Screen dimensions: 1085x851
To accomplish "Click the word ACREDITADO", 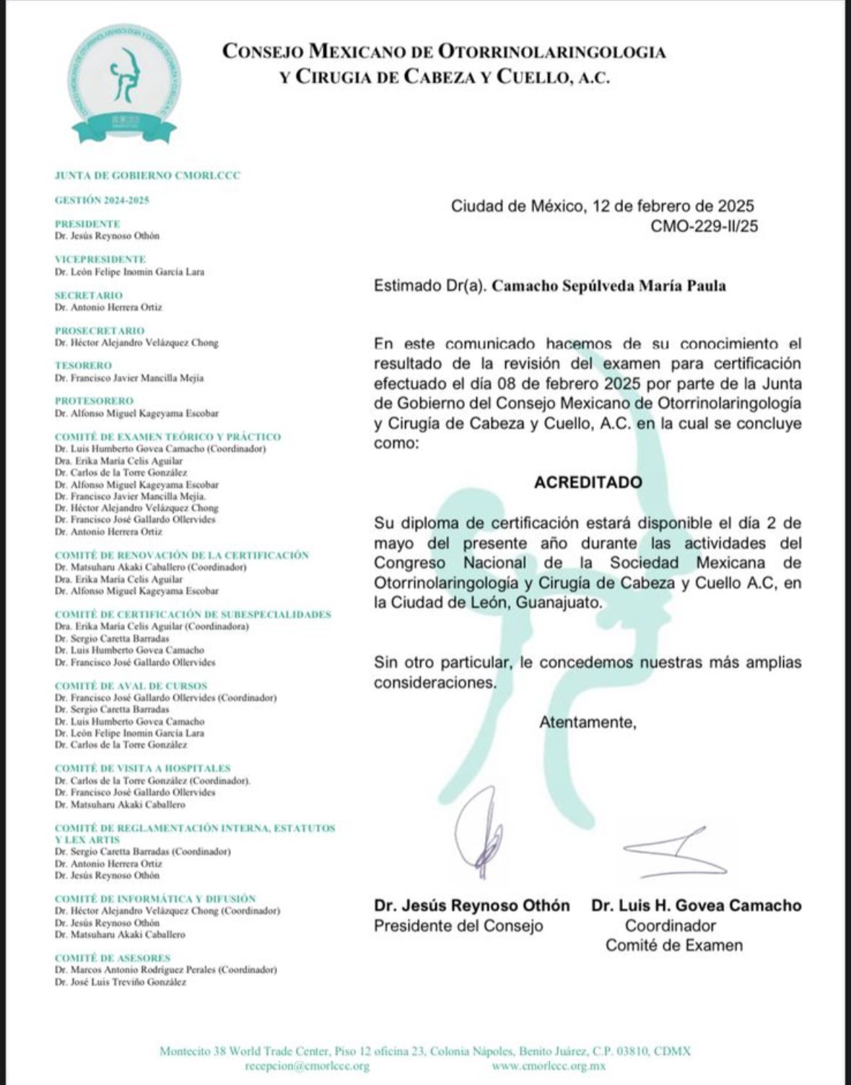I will [x=588, y=482].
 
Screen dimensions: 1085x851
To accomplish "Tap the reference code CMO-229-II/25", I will [x=704, y=227].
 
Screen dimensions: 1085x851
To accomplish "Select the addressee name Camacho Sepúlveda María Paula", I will [x=608, y=286].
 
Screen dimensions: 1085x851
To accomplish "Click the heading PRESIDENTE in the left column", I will [x=87, y=224].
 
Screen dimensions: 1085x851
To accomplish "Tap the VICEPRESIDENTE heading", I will [x=100, y=259].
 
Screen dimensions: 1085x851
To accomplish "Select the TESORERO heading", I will [x=83, y=366].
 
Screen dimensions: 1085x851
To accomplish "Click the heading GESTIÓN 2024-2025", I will [x=102, y=201].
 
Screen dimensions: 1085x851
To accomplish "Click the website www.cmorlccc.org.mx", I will [x=549, y=1066].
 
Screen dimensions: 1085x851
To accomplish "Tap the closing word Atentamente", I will [x=588, y=722].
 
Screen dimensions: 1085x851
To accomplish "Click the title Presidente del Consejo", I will [x=458, y=926].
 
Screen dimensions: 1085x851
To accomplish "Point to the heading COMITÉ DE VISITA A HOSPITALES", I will [x=142, y=769].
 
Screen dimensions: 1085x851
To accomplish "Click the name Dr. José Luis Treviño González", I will [x=121, y=982].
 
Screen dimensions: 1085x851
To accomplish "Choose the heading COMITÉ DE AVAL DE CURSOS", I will [x=131, y=686].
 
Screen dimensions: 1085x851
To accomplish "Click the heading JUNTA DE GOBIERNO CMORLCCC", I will [x=147, y=175].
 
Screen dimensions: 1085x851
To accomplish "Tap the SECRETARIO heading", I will [x=89, y=295].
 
